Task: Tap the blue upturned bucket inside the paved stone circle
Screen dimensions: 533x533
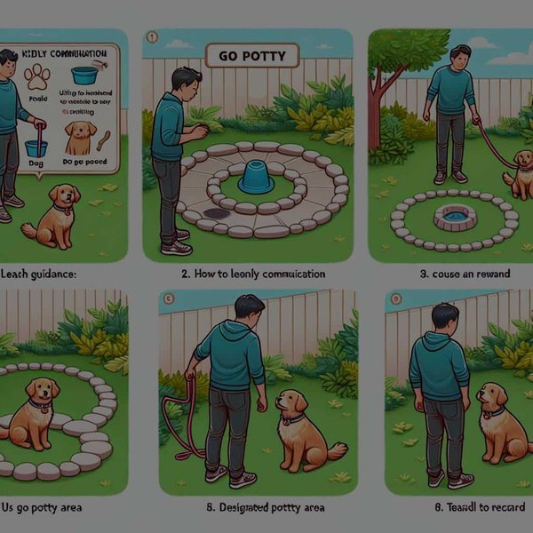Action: pyautogui.click(x=255, y=178)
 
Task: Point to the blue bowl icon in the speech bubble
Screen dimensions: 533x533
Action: pyautogui.click(x=85, y=75)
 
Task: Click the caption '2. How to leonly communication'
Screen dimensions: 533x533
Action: pyautogui.click(x=252, y=274)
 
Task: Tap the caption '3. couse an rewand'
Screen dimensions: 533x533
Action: pyautogui.click(x=463, y=274)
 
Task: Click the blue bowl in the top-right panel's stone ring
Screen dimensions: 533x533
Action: pyautogui.click(x=453, y=216)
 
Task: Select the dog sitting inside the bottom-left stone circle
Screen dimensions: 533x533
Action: pyautogui.click(x=36, y=413)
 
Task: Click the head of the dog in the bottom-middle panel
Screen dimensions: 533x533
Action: pyautogui.click(x=290, y=405)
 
